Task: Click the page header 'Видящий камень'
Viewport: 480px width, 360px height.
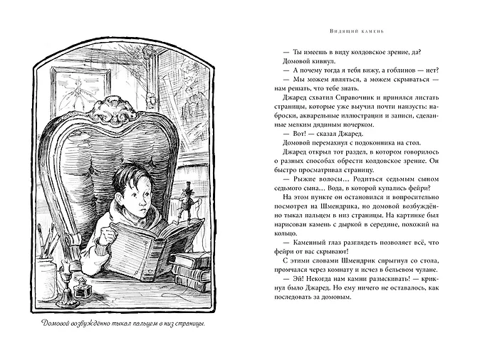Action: [364, 31]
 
